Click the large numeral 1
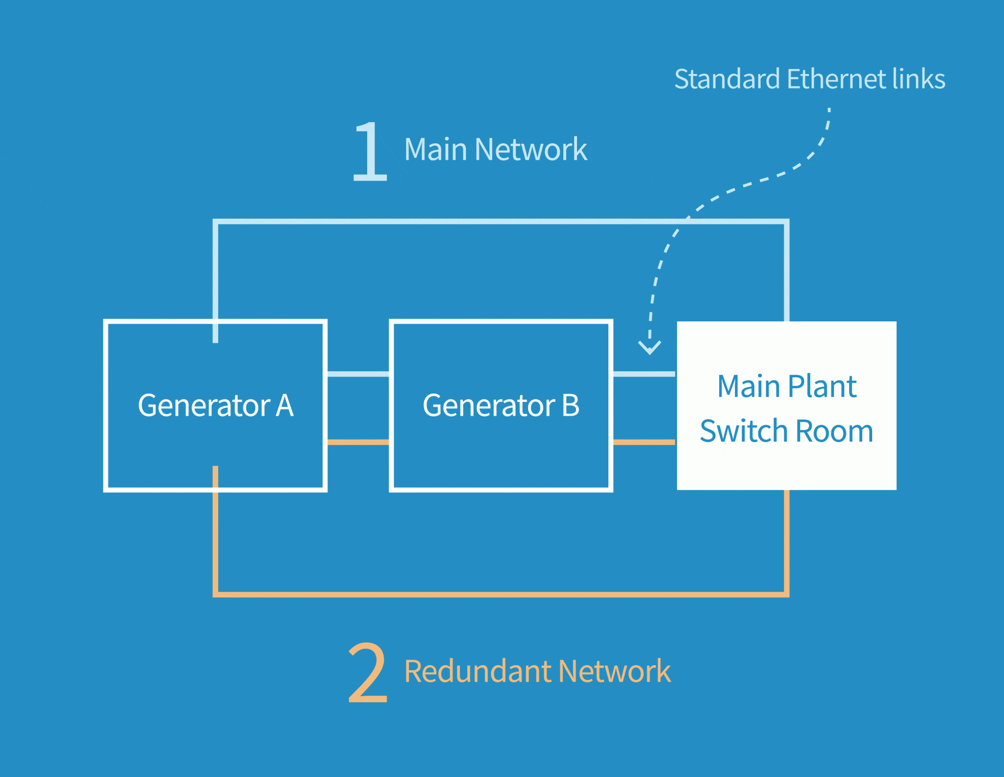pos(370,152)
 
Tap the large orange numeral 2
pos(368,673)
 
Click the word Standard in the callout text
pos(727,79)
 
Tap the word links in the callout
pos(919,79)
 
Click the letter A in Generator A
pos(284,406)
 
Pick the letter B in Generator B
pos(571,406)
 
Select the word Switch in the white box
pos(744,431)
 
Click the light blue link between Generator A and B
pos(358,374)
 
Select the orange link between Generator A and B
pos(358,442)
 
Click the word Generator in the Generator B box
pos(489,406)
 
